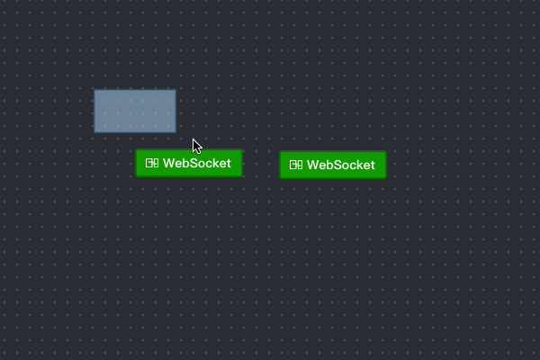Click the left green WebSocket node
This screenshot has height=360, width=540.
[x=189, y=163]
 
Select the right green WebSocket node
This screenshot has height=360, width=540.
[x=333, y=165]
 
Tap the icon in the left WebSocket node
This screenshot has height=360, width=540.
[x=152, y=164]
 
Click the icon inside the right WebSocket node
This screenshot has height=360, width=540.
[x=296, y=166]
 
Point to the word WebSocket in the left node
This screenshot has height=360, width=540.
[x=196, y=164]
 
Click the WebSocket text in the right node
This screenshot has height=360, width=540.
[x=340, y=166]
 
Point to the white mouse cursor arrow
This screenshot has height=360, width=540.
[x=196, y=146]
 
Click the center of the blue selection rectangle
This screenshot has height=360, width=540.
[x=135, y=111]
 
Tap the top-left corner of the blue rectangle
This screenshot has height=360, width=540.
[x=94, y=90]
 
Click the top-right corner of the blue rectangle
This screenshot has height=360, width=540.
[x=175, y=90]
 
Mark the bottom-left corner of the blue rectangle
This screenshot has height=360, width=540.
[x=94, y=132]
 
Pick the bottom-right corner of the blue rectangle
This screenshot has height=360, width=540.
[x=175, y=132]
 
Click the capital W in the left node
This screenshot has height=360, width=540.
[x=168, y=164]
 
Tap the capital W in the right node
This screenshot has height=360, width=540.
[x=312, y=166]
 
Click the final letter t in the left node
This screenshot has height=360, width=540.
[x=229, y=164]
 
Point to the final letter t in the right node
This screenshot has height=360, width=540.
[x=373, y=166]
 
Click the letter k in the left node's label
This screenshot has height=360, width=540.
[x=214, y=164]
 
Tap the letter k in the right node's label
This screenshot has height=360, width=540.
[x=358, y=166]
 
